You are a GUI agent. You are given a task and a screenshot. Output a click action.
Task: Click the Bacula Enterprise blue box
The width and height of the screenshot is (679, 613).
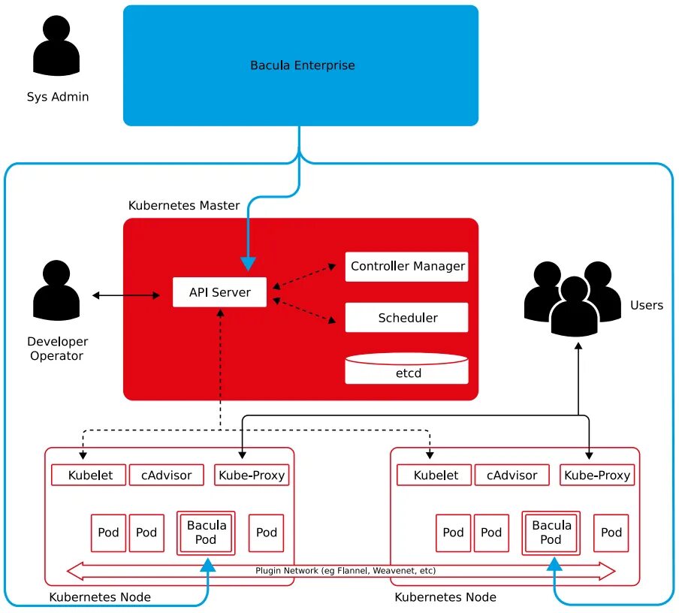pyautogui.click(x=300, y=65)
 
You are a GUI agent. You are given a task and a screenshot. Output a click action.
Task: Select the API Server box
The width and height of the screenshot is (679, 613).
pyautogui.click(x=219, y=292)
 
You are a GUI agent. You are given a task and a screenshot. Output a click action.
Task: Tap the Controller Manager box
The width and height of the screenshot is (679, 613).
pyautogui.click(x=406, y=267)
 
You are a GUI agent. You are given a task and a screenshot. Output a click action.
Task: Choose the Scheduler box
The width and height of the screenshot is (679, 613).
pyautogui.click(x=406, y=318)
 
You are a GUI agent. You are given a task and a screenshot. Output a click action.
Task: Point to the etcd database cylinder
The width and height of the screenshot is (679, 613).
pyautogui.click(x=406, y=368)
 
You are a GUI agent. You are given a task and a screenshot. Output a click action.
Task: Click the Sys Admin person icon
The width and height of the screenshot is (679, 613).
pyautogui.click(x=56, y=46)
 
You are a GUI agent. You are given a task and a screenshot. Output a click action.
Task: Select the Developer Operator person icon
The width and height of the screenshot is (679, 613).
pyautogui.click(x=56, y=290)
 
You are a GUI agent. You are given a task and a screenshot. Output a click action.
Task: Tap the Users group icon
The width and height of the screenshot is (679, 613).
pyautogui.click(x=572, y=299)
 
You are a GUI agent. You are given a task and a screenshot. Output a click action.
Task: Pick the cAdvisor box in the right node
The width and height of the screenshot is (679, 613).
pyautogui.click(x=512, y=475)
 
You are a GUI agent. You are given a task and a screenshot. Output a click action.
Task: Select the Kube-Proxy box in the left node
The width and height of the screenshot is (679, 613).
pyautogui.click(x=252, y=475)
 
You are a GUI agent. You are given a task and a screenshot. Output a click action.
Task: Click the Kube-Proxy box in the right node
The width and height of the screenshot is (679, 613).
pyautogui.click(x=597, y=475)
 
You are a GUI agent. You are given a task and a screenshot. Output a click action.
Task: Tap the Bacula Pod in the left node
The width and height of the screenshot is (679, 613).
pyautogui.click(x=206, y=533)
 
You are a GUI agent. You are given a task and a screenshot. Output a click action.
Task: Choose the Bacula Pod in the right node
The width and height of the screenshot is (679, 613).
pyautogui.click(x=551, y=533)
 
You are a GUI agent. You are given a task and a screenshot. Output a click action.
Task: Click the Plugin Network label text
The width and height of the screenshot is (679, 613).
pyautogui.click(x=346, y=570)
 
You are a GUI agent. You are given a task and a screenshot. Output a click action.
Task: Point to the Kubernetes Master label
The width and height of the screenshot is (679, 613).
pyautogui.click(x=184, y=205)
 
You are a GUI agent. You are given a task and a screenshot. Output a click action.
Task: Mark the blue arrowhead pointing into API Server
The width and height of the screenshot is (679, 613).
pyautogui.click(x=248, y=264)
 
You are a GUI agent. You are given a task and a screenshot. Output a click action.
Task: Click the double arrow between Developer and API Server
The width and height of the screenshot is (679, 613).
pyautogui.click(x=126, y=295)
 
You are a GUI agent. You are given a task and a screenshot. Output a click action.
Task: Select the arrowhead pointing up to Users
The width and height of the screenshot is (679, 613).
pyautogui.click(x=578, y=346)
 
